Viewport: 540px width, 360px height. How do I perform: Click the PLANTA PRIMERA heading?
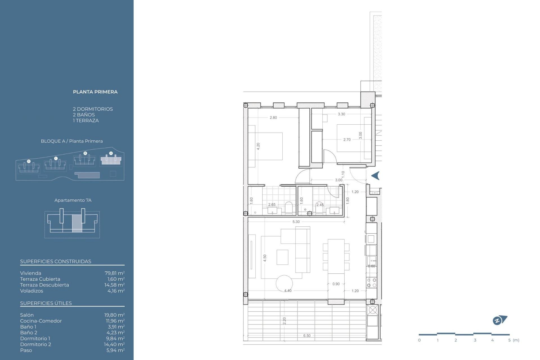95,92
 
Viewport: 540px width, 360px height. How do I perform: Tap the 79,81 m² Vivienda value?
114,273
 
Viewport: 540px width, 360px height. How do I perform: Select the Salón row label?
27,315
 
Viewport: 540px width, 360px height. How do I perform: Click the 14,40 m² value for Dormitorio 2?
114,344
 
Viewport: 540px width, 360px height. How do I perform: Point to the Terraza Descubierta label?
44,285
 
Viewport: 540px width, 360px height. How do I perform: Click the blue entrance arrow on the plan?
375,176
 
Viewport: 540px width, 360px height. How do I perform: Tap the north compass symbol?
499,320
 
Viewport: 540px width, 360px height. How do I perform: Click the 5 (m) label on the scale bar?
513,340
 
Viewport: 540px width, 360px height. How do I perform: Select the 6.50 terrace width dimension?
307,336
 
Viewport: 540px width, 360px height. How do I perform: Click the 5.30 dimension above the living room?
296,222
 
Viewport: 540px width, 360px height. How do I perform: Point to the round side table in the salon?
284,283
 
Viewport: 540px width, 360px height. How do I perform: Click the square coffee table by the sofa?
282,257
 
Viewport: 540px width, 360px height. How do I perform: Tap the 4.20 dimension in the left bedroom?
258,146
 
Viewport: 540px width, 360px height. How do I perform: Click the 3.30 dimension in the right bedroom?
341,114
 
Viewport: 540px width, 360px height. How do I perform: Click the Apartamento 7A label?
73,200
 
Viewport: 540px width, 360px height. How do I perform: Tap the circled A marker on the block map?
111,153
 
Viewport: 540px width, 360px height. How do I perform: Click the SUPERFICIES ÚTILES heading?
46,303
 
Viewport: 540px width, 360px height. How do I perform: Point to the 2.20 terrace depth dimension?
284,320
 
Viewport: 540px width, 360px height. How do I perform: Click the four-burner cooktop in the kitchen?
372,283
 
